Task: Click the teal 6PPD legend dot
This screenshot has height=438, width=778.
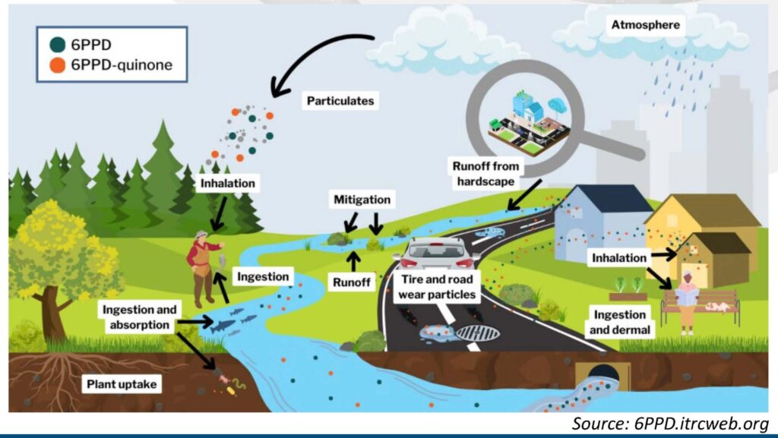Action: pos(58,45)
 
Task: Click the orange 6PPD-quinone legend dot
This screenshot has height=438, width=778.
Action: pos(58,65)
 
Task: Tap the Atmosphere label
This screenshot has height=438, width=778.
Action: pos(646,25)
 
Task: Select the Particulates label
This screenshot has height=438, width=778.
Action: pos(340,101)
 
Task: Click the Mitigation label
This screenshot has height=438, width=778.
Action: pos(362,200)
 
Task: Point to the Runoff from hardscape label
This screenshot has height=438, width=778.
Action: pos(485,174)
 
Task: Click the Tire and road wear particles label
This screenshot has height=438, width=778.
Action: pos(437,287)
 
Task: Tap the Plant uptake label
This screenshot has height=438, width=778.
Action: pos(122,384)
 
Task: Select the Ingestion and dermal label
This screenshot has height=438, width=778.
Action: pos(620,322)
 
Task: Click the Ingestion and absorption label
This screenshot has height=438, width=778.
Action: pos(140,317)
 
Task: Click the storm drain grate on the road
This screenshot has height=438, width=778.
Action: pos(477,333)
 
